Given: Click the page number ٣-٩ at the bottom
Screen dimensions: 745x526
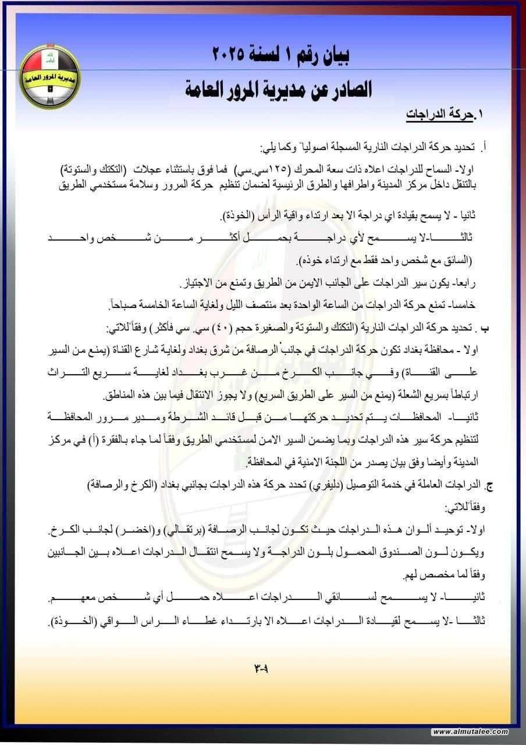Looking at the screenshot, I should (262, 668).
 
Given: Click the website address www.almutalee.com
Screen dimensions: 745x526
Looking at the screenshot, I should (470, 732).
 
